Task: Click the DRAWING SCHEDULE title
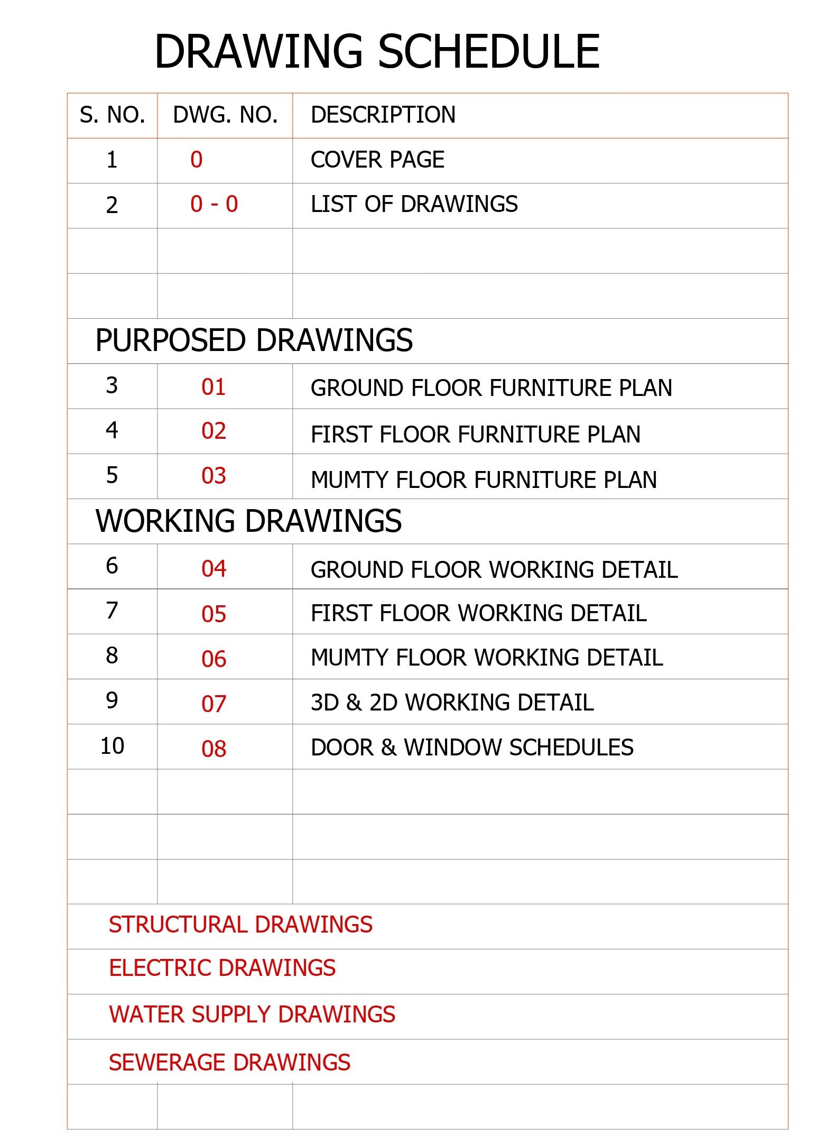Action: click(377, 52)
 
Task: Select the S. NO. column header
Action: click(112, 115)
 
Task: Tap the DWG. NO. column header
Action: click(225, 115)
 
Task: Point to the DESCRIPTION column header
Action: click(383, 115)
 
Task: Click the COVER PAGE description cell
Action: click(377, 160)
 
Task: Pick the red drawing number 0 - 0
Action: click(214, 204)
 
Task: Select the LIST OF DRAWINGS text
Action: click(414, 205)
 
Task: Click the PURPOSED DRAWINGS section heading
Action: click(254, 340)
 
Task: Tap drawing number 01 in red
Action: click(213, 387)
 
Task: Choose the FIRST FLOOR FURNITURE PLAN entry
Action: click(475, 435)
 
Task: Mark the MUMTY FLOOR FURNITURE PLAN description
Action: click(484, 480)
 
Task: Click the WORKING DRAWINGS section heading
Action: click(248, 521)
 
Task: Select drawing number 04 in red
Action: click(213, 569)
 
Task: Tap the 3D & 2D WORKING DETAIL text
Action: click(452, 703)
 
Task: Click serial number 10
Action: click(112, 746)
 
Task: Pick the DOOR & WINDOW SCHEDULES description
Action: click(472, 748)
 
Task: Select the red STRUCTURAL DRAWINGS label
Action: click(240, 925)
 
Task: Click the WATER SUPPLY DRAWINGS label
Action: click(252, 1015)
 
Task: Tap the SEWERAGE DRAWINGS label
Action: click(229, 1063)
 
